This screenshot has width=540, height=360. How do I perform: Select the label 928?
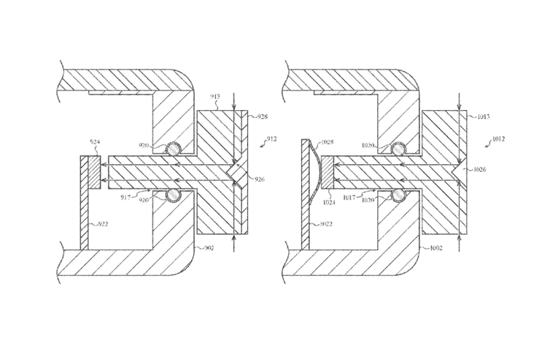261,116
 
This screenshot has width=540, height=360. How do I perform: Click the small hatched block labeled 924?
92,172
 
